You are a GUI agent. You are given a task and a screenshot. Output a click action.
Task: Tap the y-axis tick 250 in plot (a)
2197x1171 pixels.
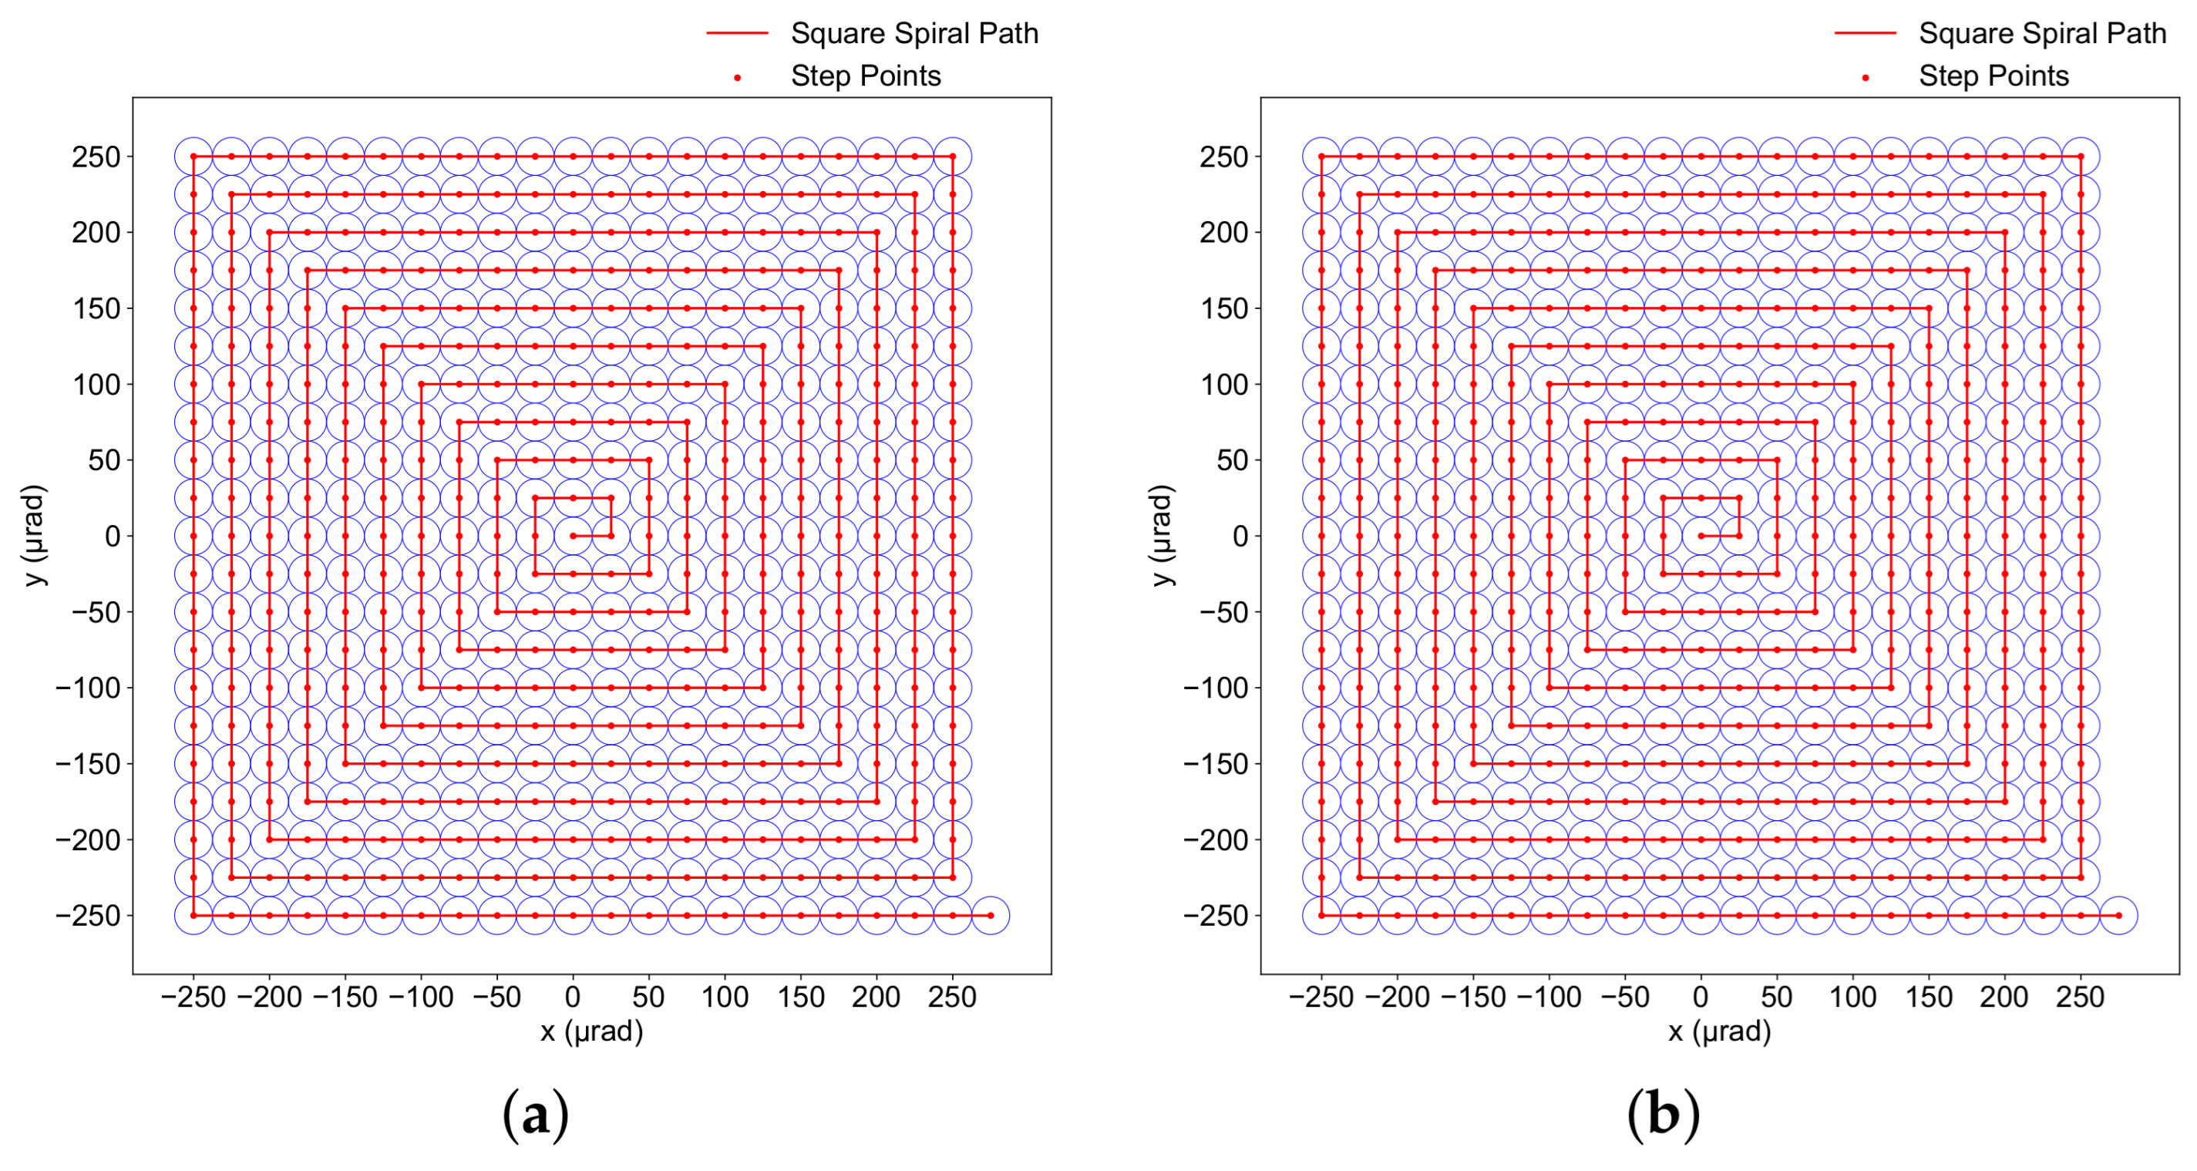(96, 157)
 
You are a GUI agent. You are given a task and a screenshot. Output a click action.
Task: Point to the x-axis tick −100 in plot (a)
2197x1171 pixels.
(420, 997)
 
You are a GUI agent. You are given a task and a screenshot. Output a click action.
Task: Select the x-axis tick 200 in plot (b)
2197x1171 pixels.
(2004, 997)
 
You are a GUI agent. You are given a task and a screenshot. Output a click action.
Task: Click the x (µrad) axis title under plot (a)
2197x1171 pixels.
(591, 1032)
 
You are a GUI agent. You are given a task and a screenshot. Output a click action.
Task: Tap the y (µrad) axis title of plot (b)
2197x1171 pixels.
(1162, 536)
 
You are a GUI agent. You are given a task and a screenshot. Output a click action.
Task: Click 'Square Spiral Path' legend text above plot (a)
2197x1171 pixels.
(914, 33)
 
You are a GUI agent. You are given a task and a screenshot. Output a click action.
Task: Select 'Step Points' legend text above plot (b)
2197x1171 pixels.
(1993, 76)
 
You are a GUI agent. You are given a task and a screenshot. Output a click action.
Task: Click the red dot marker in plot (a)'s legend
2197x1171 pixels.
(738, 79)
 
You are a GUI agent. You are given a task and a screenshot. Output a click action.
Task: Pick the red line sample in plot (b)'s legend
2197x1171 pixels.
(1865, 33)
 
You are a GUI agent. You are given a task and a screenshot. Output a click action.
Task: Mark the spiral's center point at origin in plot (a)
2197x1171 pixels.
(573, 536)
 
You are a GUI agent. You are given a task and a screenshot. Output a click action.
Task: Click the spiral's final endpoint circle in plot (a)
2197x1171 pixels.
(990, 915)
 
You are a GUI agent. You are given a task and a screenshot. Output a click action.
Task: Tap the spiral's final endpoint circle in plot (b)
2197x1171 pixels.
(2118, 915)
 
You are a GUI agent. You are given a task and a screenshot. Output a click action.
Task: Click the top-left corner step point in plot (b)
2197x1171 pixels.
(1321, 157)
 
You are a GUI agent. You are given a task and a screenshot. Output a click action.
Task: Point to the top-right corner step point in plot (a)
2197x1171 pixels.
(953, 157)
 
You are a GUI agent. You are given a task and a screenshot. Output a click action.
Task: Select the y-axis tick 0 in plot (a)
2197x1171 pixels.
(113, 537)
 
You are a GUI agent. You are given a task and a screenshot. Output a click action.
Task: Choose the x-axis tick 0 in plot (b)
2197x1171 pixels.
(1701, 997)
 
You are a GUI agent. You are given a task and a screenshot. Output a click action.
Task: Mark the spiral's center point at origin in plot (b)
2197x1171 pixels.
(1701, 536)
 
